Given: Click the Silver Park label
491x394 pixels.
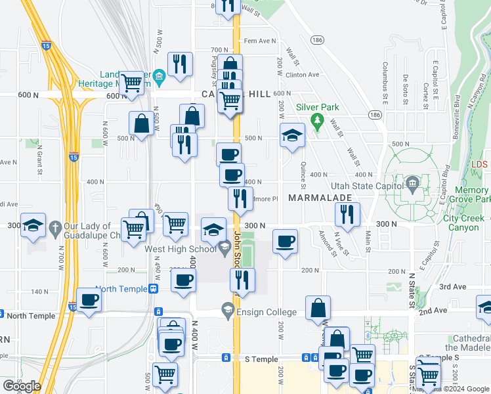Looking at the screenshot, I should coord(317,107).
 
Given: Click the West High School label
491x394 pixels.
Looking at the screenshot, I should coord(181,249).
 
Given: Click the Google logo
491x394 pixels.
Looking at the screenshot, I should coord(22,386).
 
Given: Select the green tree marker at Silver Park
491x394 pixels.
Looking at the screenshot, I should coord(317,121).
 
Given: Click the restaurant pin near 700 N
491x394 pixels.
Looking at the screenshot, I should coord(179,64).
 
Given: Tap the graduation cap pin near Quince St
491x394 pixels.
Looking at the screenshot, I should coord(292,135).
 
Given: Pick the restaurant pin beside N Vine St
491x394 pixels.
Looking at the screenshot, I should coord(347,214).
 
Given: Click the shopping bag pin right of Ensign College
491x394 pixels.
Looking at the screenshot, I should coord(318,308).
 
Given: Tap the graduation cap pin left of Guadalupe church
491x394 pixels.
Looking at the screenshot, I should coord(33,225).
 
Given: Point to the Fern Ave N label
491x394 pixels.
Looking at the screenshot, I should coord(261,41).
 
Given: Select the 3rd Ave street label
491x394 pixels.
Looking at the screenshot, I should coord(452,286).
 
